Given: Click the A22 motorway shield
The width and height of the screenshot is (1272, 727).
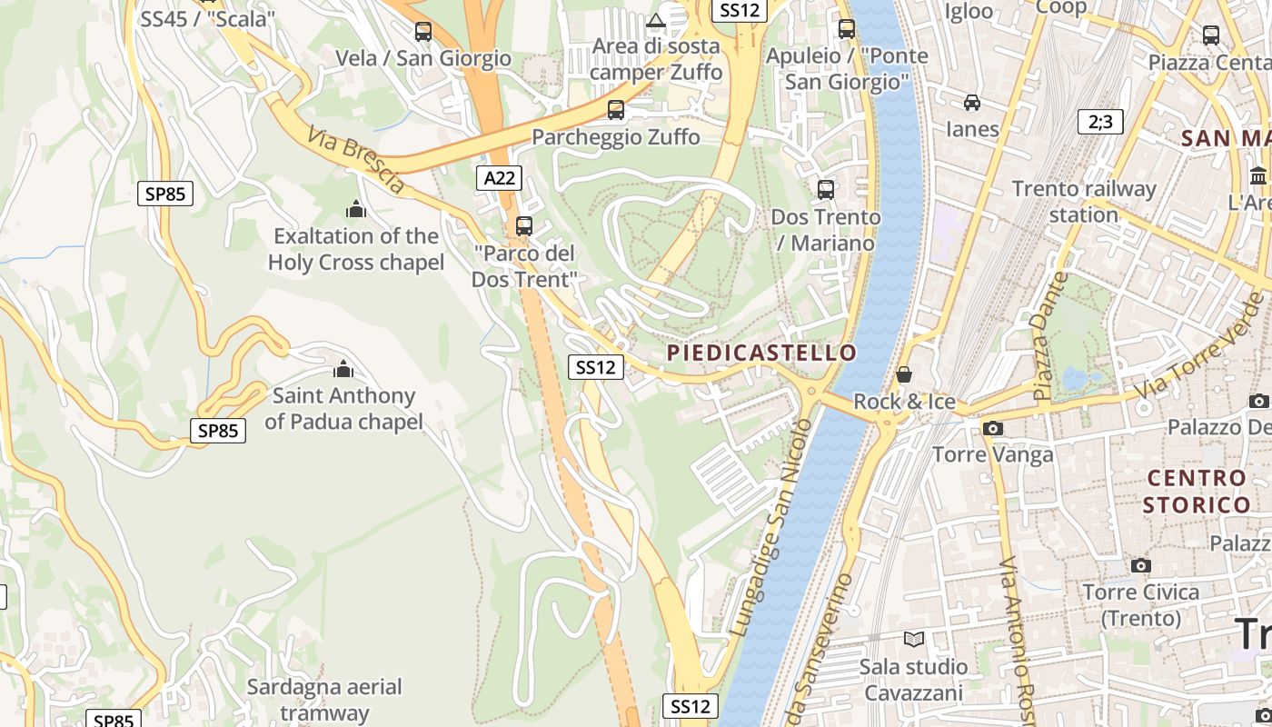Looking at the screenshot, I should tap(499, 178).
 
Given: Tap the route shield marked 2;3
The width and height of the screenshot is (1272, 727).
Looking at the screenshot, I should tap(1099, 122).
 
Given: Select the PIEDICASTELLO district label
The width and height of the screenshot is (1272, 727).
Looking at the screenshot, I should tap(761, 353).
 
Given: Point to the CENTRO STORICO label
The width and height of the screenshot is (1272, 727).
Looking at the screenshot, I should tap(1197, 491).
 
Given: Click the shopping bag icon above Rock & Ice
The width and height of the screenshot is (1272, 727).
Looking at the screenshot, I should tap(904, 374).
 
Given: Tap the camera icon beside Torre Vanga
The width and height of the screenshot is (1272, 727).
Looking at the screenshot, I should tap(993, 428).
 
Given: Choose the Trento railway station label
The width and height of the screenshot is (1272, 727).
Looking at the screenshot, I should tap(1084, 202).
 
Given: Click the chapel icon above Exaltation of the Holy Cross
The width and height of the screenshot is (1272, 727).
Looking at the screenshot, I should tap(355, 210).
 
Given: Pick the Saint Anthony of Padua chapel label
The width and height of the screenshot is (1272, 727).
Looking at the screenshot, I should tap(343, 409).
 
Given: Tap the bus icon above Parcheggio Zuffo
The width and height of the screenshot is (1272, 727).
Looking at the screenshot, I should tap(616, 110).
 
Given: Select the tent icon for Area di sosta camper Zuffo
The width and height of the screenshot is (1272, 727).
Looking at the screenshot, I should tap(656, 20).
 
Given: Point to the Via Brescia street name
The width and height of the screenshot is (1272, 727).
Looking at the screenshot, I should tap(355, 160).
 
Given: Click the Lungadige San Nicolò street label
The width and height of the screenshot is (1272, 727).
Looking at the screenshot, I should tap(770, 526).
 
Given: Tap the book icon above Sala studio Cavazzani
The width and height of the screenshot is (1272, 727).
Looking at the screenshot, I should tap(914, 640).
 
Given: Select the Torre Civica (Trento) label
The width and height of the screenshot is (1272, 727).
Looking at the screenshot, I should tap(1141, 605).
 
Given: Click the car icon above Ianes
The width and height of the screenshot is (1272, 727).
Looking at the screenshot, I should tap(972, 103).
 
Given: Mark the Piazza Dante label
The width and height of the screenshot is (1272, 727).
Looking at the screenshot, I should tap(1049, 336).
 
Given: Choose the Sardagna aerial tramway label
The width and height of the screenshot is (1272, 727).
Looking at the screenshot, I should tap(324, 700).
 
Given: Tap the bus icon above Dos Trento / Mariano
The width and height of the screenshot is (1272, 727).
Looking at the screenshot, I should tap(826, 190).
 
